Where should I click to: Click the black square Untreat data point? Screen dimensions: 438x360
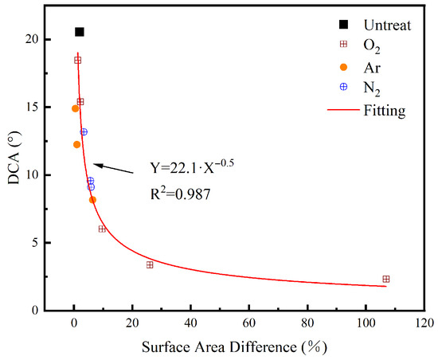pos(80,32)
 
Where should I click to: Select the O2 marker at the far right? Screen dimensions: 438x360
pos(386,279)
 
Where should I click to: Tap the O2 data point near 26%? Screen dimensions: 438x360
pos(150,264)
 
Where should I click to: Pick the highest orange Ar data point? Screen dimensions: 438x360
pos(75,108)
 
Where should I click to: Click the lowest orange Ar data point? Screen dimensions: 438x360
pos(92,200)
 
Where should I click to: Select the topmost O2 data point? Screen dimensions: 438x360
pos(78,60)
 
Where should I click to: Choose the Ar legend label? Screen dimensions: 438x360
pos(372,68)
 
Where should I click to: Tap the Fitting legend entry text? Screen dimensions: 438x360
pos(385,111)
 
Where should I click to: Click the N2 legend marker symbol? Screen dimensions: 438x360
pos(343,87)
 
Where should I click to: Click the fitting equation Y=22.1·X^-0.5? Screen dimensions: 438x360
pos(192,166)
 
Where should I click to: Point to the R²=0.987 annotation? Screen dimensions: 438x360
pos(181,194)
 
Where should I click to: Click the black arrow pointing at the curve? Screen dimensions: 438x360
pos(113,169)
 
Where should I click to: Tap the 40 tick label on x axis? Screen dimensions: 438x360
pos(190,323)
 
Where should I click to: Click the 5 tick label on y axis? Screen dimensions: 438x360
pos(34,243)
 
